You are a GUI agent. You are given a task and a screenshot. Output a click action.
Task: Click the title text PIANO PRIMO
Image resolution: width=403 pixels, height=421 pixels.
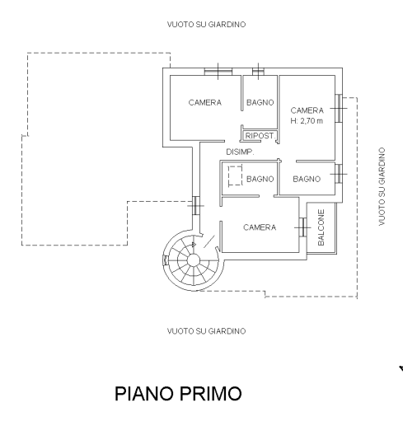click(x=178, y=393)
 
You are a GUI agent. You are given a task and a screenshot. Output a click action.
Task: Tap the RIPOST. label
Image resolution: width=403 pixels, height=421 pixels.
click(x=260, y=136)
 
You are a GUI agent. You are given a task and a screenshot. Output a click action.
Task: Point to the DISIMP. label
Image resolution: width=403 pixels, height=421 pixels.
click(x=240, y=152)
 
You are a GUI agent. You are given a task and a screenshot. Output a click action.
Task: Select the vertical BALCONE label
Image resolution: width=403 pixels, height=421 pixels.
click(x=321, y=227)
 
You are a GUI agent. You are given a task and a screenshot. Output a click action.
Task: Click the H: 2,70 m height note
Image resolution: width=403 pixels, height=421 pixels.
click(x=307, y=121)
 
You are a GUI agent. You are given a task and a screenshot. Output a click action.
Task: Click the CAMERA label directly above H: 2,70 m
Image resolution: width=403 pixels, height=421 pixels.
click(x=307, y=110)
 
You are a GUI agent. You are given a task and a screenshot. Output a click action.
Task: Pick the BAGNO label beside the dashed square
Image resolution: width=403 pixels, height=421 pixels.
click(x=260, y=179)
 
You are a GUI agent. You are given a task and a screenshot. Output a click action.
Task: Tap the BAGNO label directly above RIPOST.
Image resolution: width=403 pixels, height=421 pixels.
click(x=260, y=102)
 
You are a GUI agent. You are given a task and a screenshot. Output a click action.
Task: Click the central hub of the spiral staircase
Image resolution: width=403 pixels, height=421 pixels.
click(x=194, y=260)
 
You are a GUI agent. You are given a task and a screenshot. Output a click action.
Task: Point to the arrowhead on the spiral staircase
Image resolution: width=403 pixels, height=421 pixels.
click(x=194, y=245)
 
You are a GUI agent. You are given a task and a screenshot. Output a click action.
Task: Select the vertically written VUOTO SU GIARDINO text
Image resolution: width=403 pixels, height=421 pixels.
click(x=382, y=187)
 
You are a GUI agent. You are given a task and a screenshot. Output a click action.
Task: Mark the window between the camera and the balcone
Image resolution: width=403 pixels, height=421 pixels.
click(x=302, y=227)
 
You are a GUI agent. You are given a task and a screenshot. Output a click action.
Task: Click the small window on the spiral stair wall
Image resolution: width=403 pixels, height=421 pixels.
click(x=166, y=260)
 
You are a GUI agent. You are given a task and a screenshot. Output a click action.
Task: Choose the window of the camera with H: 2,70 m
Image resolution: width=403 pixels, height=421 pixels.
click(x=339, y=108)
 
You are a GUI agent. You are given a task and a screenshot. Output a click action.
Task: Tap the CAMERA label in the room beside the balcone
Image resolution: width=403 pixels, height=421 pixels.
click(x=260, y=227)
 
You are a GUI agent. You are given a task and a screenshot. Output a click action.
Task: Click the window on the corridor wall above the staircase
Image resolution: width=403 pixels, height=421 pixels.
click(x=195, y=205)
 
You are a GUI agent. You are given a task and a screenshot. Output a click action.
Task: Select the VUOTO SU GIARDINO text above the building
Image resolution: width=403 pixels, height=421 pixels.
click(x=206, y=25)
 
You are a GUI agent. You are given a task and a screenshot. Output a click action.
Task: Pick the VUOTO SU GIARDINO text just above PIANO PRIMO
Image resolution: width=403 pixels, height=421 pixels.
click(x=206, y=331)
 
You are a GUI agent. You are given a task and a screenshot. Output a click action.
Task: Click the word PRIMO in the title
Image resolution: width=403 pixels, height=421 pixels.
click(x=211, y=393)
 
